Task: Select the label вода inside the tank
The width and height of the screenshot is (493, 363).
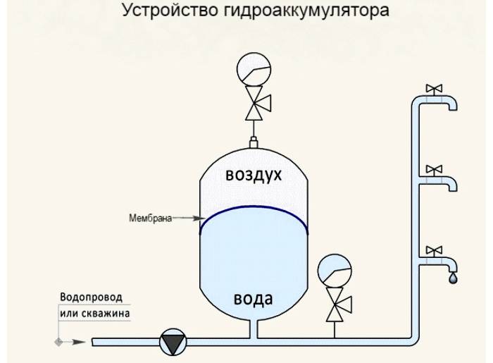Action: pos(254,298)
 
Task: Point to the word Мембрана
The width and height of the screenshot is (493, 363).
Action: pos(150,219)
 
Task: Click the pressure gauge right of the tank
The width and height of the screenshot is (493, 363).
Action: pos(334,271)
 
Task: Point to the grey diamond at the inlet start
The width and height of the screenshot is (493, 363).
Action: pos(58,342)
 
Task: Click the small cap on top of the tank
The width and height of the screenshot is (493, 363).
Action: pos(254,144)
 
